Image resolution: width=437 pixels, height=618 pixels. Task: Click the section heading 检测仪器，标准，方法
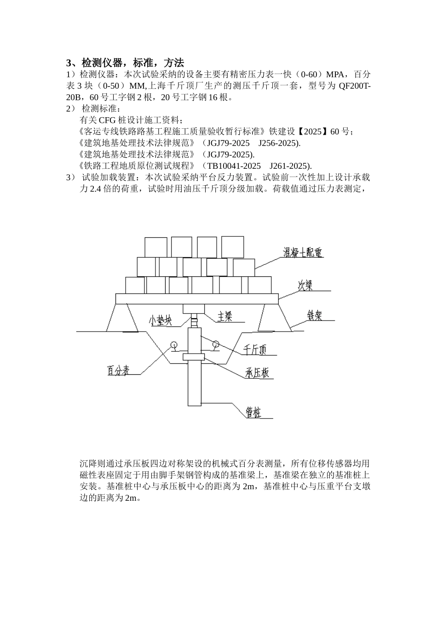pyautogui.click(x=132, y=63)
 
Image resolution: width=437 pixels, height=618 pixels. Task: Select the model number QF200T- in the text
pyautogui.click(x=355, y=86)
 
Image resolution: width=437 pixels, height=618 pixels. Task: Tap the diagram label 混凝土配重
pyautogui.click(x=302, y=252)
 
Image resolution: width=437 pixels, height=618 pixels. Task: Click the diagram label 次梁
pyautogui.click(x=305, y=286)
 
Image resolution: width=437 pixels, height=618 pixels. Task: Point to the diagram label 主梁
pyautogui.click(x=224, y=316)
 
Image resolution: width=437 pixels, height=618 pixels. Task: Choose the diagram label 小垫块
pyautogui.click(x=160, y=320)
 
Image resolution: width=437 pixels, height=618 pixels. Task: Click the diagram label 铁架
pyautogui.click(x=315, y=315)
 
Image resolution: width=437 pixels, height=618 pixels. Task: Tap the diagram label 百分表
pyautogui.click(x=118, y=370)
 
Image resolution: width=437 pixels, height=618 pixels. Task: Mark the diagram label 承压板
pyautogui.click(x=257, y=373)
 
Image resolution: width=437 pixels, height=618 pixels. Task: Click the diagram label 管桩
pyautogui.click(x=253, y=413)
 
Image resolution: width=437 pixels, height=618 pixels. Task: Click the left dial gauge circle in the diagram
pyautogui.click(x=174, y=344)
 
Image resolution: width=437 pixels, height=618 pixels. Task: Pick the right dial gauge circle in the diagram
pyautogui.click(x=215, y=343)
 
